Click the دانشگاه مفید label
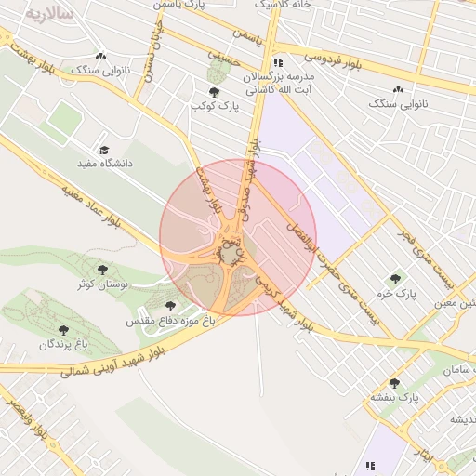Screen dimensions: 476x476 click(105, 164)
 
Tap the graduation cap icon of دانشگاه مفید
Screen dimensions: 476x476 click(104, 150)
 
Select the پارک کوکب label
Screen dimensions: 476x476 click(216, 106)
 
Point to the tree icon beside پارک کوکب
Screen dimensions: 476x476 click(216, 92)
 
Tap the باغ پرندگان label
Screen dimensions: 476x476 click(62, 344)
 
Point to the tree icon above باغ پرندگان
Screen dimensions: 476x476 click(63, 330)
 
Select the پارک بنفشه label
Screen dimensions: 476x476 click(396, 397)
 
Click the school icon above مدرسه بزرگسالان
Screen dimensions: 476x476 click(278, 63)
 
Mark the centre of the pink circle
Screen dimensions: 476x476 click(238, 237)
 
